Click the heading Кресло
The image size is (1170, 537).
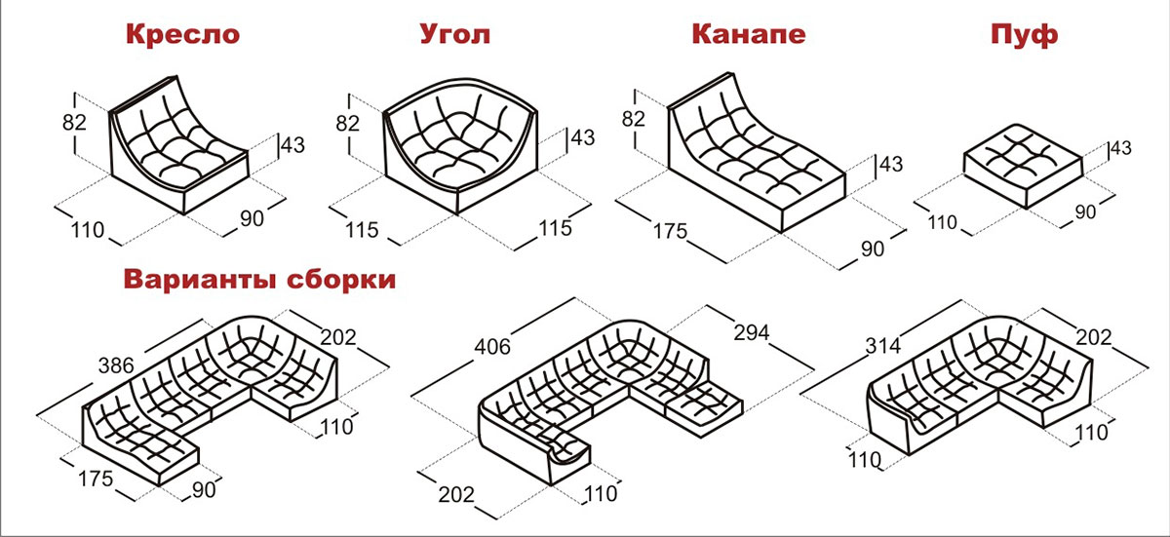click(x=183, y=34)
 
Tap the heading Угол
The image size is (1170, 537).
click(x=455, y=34)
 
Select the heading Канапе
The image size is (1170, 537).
click(x=749, y=34)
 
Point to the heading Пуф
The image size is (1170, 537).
click(x=1025, y=34)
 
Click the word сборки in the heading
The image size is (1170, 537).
click(x=341, y=279)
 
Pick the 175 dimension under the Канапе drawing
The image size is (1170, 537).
click(x=670, y=231)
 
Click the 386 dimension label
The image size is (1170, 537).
click(x=116, y=365)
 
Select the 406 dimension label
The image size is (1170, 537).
click(x=492, y=347)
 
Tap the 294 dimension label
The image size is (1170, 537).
click(x=752, y=332)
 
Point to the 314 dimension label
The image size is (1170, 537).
click(x=883, y=345)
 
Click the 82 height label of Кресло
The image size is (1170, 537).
click(x=74, y=123)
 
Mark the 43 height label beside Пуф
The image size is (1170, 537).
click(x=1121, y=148)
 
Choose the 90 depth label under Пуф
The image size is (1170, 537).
click(x=1085, y=211)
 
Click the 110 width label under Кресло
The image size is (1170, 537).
click(x=87, y=230)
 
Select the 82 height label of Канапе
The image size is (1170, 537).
click(x=633, y=119)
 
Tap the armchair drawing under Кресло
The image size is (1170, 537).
click(x=178, y=144)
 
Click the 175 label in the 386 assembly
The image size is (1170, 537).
click(x=96, y=479)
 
